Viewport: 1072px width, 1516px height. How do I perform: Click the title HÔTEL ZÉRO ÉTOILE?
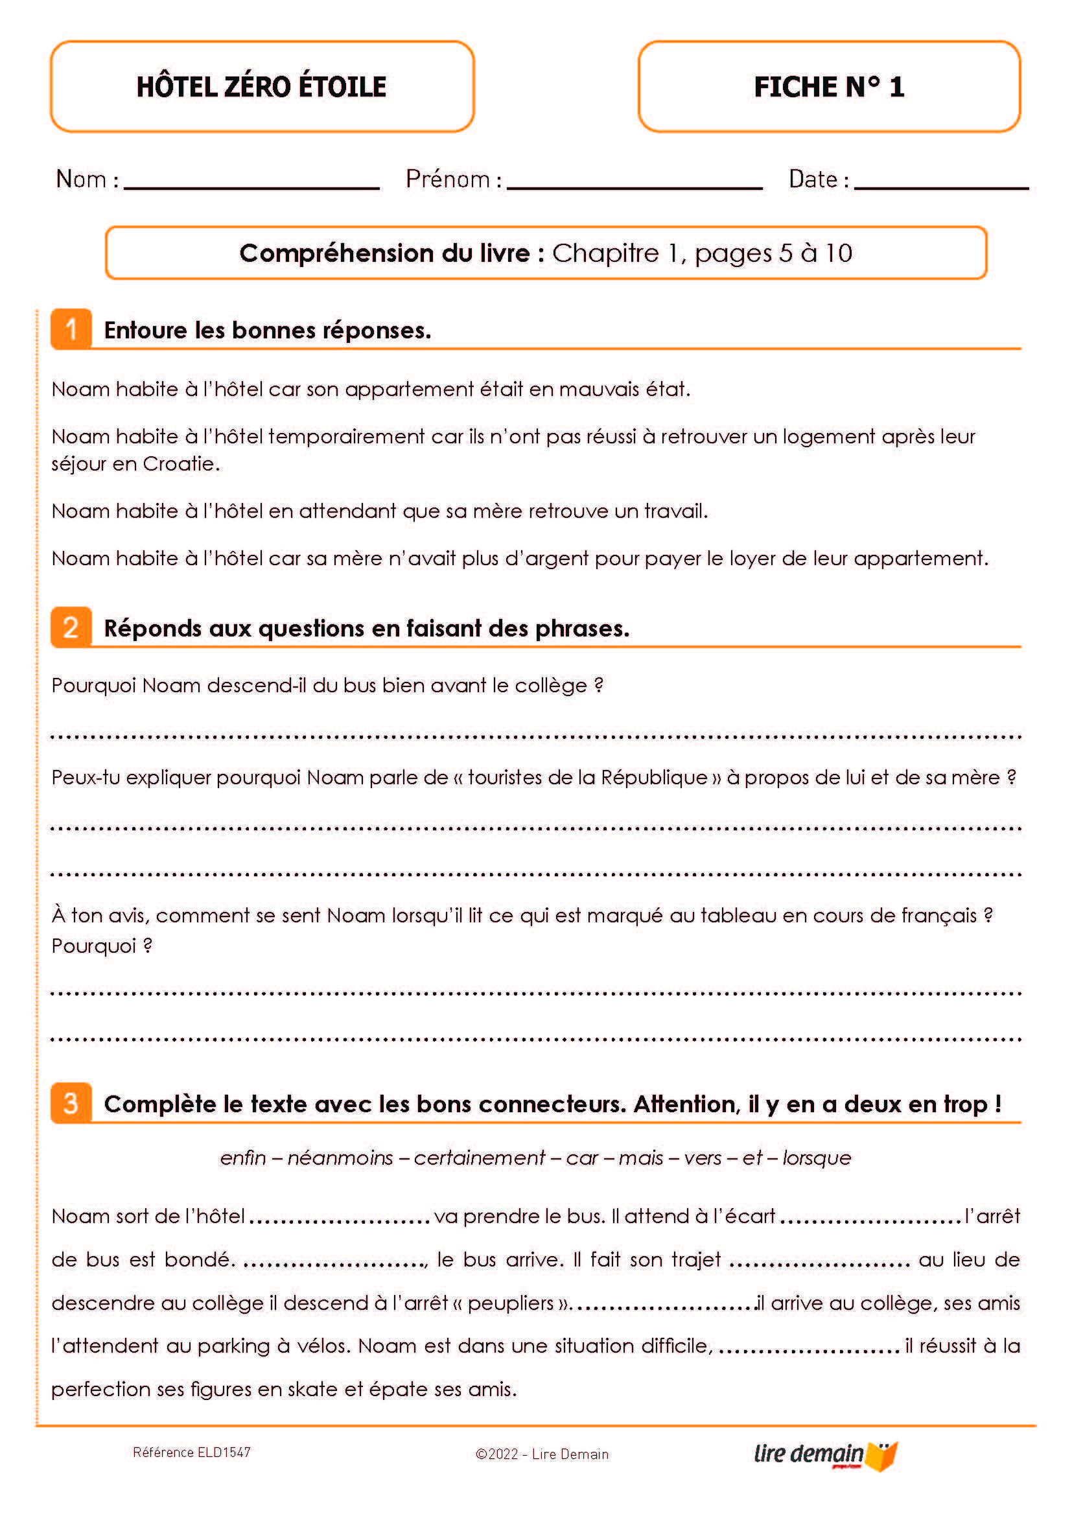click(x=261, y=86)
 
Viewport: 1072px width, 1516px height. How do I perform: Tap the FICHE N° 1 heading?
click(x=828, y=86)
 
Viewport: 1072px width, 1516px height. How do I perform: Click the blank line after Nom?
click(x=251, y=187)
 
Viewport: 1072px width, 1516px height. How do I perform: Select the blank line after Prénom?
click(x=635, y=187)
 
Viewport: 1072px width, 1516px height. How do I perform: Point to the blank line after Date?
click(x=940, y=187)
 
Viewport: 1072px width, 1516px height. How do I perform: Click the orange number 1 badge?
click(x=71, y=329)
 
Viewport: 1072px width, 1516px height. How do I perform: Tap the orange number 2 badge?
click(x=71, y=627)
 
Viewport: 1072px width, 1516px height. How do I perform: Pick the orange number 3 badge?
click(x=71, y=1102)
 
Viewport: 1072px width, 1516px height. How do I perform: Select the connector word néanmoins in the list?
click(x=340, y=1158)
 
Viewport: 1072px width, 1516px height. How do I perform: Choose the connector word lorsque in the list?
click(x=817, y=1158)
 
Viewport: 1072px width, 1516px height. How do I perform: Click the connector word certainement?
click(x=479, y=1158)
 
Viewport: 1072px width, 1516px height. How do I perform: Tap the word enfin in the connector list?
click(x=243, y=1158)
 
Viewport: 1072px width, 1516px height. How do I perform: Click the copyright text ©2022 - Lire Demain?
click(x=542, y=1454)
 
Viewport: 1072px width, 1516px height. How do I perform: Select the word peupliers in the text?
click(x=510, y=1303)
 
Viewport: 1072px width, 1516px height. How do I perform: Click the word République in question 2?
click(x=653, y=777)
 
